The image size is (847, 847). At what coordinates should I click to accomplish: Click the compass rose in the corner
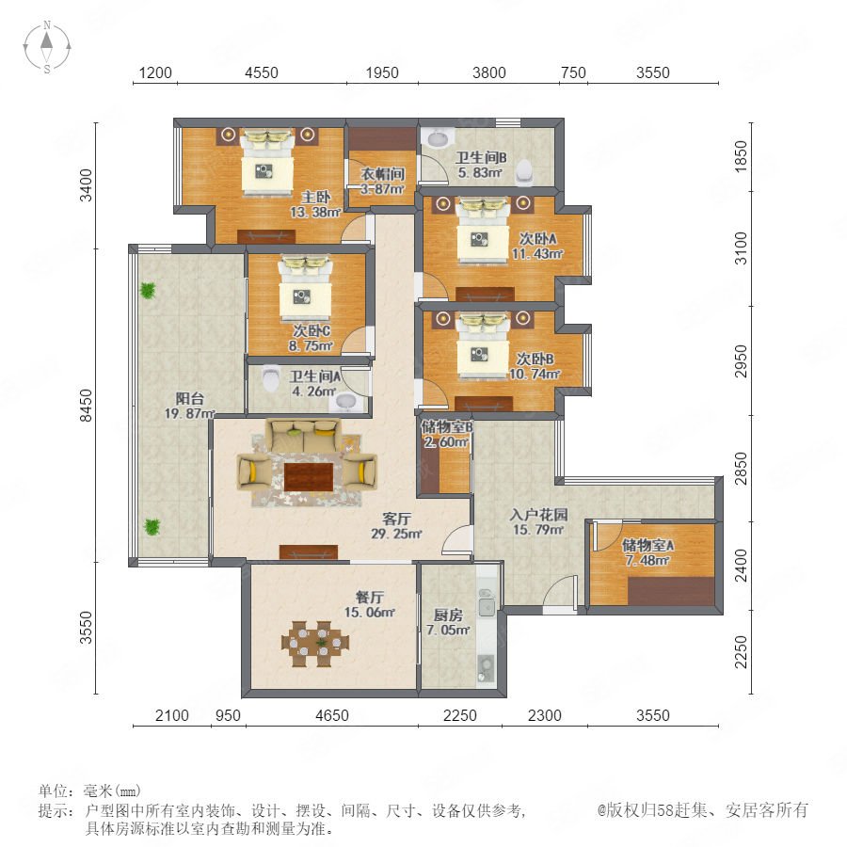(47, 46)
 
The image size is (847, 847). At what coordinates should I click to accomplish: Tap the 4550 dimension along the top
(262, 72)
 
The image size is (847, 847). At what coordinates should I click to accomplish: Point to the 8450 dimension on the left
(87, 405)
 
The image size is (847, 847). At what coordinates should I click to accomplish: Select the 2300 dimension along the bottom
(545, 715)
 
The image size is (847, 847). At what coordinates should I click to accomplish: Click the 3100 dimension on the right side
(742, 248)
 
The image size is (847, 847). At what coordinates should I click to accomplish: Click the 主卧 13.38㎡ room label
(315, 205)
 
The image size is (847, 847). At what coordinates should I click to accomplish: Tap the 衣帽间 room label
(383, 174)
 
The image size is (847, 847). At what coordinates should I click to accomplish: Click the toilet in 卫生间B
(524, 172)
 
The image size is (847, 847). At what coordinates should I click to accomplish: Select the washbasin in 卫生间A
(346, 402)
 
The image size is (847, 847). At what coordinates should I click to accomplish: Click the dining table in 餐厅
(315, 644)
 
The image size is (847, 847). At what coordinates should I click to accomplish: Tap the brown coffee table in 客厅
(309, 476)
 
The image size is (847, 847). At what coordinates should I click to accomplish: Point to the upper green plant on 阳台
(148, 291)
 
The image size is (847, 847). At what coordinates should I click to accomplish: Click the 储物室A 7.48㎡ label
(647, 552)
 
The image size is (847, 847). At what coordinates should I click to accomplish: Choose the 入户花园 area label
(538, 514)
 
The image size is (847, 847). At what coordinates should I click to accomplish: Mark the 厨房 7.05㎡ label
(448, 622)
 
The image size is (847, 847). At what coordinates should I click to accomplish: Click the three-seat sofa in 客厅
(304, 436)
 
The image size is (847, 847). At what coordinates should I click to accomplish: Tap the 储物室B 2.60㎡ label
(447, 434)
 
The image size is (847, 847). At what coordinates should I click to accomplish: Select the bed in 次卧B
(483, 345)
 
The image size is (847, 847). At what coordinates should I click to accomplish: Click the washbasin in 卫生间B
(438, 138)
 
